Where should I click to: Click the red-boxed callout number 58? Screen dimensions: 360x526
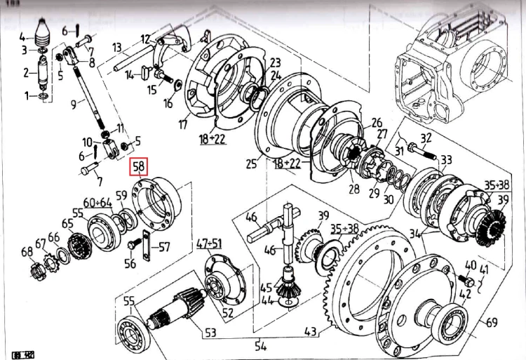coord(139,167)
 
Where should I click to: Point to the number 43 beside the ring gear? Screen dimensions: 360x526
coord(310,331)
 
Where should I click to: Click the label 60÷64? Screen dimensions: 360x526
coord(98,203)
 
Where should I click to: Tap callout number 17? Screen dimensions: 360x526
coord(183,125)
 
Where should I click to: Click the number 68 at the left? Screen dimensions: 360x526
coord(27,252)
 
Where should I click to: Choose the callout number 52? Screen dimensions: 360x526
coord(227,313)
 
